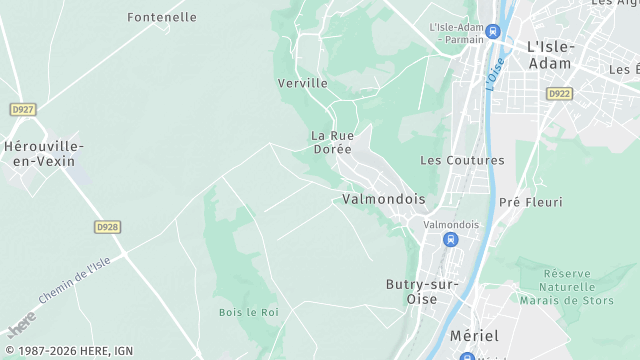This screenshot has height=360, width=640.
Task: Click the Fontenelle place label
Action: (x=162, y=17)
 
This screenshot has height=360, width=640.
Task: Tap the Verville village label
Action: (x=302, y=83)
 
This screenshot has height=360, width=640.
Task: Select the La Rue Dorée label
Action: (x=331, y=142)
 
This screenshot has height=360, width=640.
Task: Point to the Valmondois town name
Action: (x=383, y=199)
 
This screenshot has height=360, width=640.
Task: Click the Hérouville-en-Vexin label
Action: (x=44, y=154)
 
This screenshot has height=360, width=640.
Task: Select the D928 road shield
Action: (x=108, y=227)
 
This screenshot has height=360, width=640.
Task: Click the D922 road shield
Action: (x=558, y=93)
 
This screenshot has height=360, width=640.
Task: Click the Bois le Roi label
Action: (x=248, y=312)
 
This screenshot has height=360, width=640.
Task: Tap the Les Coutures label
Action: (x=462, y=160)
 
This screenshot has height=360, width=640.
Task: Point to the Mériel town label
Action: (x=474, y=336)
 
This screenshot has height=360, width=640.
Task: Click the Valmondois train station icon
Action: (x=451, y=240)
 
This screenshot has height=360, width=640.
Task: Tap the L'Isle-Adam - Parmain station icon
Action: (x=492, y=32)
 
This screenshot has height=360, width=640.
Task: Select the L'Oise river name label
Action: (x=493, y=73)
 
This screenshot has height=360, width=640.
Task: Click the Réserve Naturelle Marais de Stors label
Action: (x=580, y=289)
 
